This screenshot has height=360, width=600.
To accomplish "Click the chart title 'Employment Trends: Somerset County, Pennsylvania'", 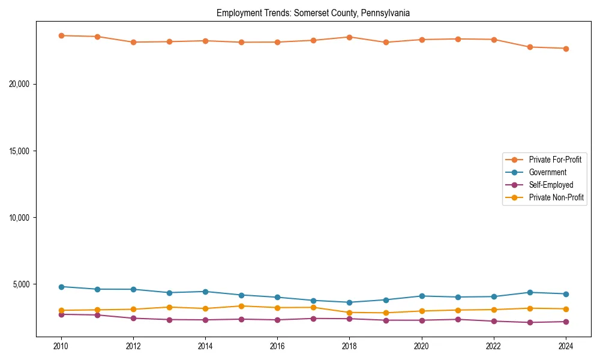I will (313, 13).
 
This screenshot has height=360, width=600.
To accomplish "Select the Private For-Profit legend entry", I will (555, 160).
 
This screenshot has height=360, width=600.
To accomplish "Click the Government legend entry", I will (547, 172).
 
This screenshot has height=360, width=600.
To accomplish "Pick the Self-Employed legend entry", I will (551, 185).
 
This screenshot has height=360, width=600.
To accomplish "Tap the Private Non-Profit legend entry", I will (556, 197).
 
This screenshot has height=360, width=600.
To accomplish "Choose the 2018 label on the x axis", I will (349, 346).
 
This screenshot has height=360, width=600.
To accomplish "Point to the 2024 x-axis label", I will (566, 346).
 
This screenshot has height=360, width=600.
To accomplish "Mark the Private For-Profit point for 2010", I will (61, 35).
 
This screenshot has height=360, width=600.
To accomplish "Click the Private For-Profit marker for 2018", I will (349, 37).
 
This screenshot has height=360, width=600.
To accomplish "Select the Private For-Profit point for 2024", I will (566, 49).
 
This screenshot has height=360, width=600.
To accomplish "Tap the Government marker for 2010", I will (61, 287).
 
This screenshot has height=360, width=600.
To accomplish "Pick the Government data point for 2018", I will (349, 302).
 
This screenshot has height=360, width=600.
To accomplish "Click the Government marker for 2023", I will (530, 292).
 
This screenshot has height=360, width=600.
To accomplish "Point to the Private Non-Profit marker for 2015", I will (241, 306).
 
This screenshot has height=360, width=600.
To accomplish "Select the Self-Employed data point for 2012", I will (133, 318).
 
